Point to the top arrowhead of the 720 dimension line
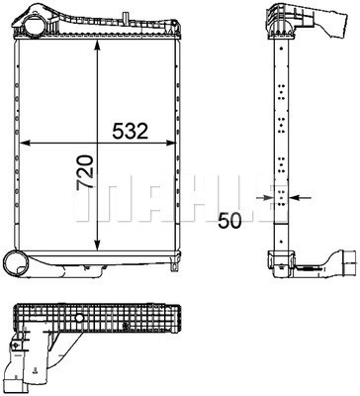96,49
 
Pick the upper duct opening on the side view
319,22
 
